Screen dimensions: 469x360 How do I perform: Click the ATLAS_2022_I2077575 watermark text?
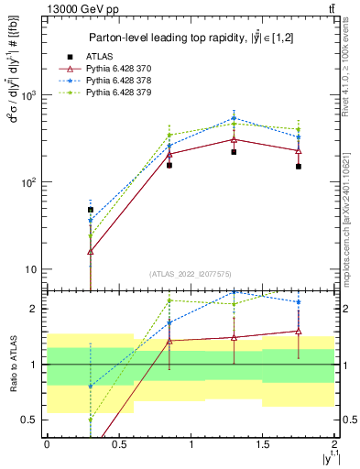tap(190, 274)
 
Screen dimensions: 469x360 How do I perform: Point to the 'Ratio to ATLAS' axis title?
tap(14, 364)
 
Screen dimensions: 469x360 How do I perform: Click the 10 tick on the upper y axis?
tap(33, 269)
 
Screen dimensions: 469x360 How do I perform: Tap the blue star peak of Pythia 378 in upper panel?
tap(235, 118)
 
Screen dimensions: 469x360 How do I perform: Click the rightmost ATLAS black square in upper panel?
tap(299, 166)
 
